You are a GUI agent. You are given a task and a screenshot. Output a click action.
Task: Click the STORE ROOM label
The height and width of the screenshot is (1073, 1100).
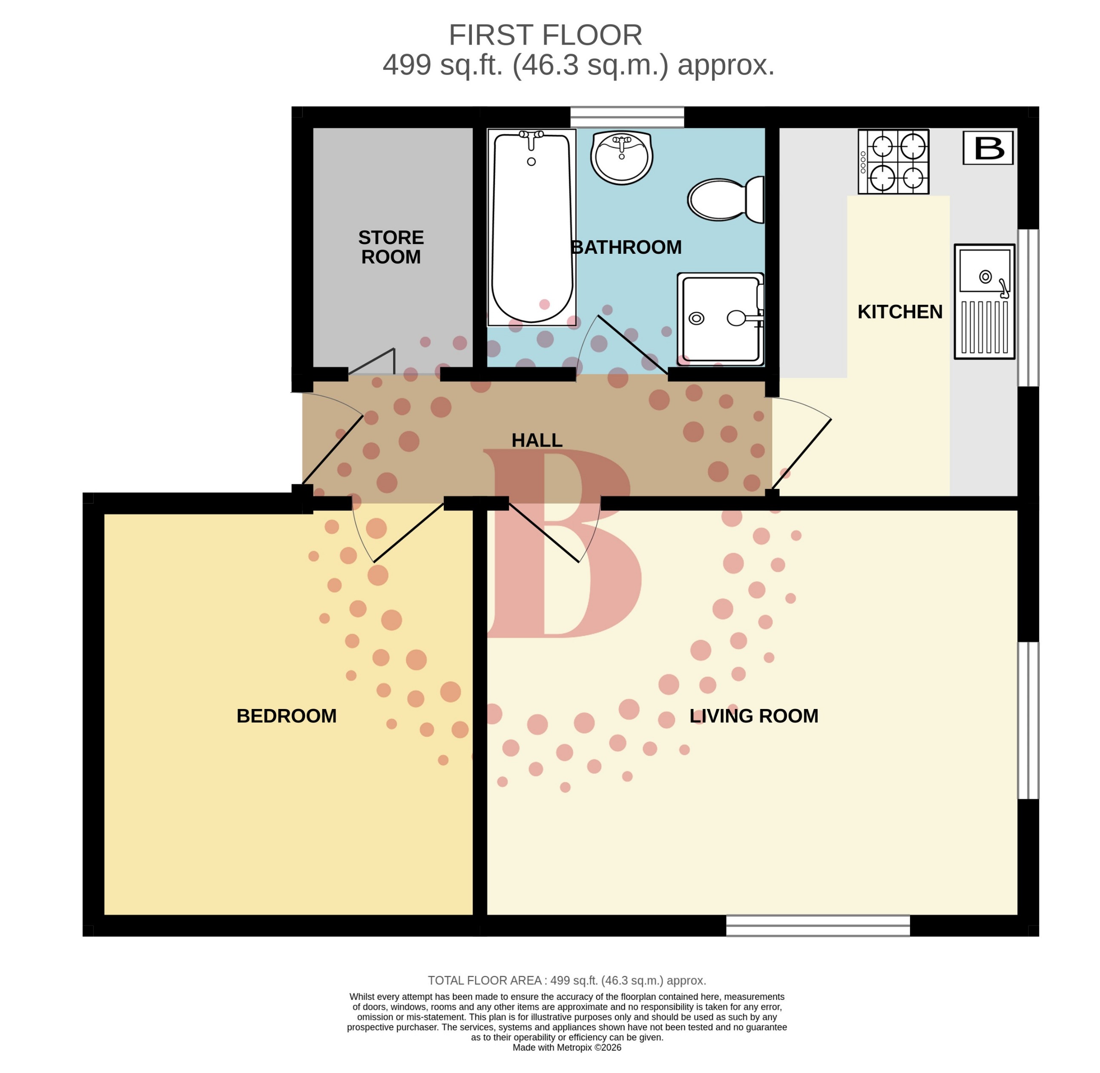[391, 247]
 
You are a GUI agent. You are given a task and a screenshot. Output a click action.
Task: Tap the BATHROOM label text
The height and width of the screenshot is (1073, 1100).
[626, 247]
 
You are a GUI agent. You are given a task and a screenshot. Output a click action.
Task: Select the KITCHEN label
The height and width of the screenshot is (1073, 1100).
[899, 312]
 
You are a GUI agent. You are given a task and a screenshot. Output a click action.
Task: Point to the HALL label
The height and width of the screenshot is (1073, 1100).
[537, 440]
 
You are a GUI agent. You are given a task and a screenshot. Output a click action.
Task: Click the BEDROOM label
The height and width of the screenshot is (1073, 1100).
[286, 716]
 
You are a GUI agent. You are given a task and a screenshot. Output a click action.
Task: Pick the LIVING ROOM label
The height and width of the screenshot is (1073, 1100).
[753, 716]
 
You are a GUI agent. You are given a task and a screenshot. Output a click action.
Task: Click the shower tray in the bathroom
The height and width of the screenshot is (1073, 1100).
[720, 319]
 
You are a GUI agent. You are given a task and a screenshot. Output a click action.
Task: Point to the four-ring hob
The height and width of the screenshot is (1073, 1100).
[893, 162]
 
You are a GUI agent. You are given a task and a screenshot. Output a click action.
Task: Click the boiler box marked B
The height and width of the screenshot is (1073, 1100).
[987, 148]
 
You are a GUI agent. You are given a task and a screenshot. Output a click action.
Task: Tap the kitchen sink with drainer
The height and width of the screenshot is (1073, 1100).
[983, 301]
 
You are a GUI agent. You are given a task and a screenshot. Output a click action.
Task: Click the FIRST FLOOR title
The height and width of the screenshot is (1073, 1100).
[545, 35]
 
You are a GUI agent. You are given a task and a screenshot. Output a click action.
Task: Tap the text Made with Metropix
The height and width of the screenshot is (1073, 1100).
[566, 1047]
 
